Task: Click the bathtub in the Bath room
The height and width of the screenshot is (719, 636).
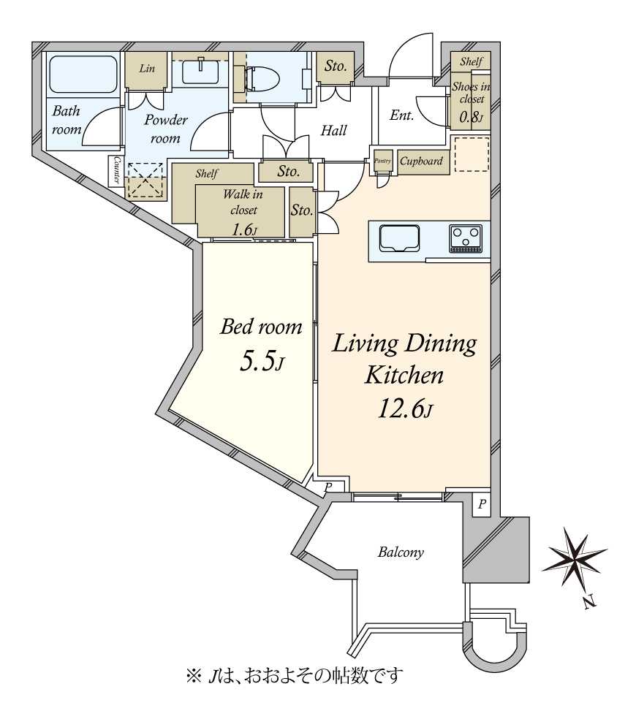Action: (83, 75)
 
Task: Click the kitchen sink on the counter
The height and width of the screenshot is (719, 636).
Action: (399, 238)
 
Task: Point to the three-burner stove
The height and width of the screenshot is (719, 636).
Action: (466, 238)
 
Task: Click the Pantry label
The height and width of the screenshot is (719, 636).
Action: (383, 161)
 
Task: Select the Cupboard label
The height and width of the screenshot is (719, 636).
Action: (421, 161)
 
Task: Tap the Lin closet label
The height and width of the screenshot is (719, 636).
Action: (147, 69)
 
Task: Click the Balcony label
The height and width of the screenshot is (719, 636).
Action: (401, 552)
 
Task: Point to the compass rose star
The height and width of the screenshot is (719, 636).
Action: (574, 557)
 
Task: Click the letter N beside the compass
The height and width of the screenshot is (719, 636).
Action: (590, 601)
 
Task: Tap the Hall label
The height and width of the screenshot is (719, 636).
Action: (333, 131)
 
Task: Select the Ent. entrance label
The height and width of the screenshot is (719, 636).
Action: (402, 115)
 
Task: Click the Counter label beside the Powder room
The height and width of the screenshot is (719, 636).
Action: (116, 170)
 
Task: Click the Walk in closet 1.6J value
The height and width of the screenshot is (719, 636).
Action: (244, 229)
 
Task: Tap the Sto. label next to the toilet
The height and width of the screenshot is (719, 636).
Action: (335, 66)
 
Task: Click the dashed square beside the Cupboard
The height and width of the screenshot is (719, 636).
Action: (472, 154)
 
